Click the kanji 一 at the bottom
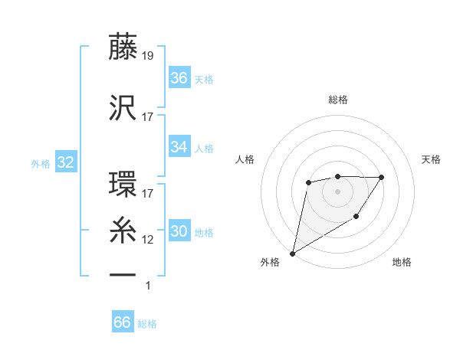click(123, 273)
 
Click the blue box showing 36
click(179, 77)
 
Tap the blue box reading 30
click(179, 231)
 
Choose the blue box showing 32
click(64, 162)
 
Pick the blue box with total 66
click(122, 322)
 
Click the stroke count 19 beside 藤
click(149, 54)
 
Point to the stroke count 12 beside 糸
click(148, 239)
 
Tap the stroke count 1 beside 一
click(148, 286)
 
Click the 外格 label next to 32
click(41, 163)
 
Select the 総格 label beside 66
click(147, 323)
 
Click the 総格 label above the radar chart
click(337, 100)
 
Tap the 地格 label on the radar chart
click(402, 262)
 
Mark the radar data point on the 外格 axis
click(292, 253)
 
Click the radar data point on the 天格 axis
click(382, 177)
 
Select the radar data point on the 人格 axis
click(308, 182)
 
